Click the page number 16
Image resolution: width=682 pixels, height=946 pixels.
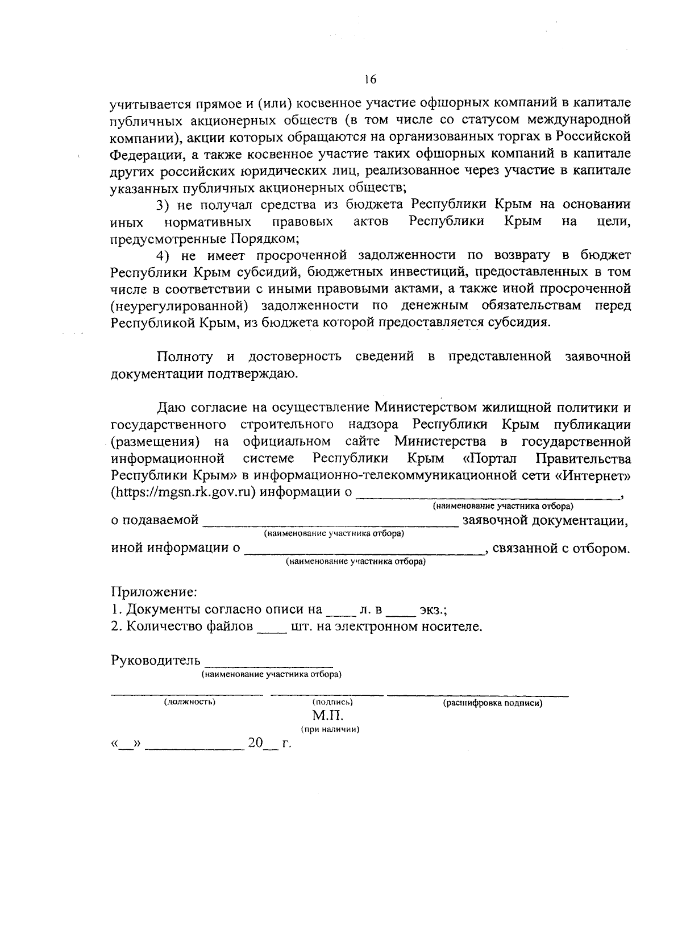pos(371,80)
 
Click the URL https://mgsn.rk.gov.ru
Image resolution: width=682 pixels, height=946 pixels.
pos(183,492)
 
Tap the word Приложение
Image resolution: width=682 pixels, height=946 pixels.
pos(154,592)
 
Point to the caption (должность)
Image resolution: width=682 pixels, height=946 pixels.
pos(189,702)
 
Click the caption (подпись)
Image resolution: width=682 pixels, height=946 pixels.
pos(332,702)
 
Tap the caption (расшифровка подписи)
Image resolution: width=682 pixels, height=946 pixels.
pos(492,703)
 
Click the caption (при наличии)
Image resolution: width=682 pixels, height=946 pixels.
pos(330,729)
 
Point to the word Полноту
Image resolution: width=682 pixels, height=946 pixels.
pos(185,357)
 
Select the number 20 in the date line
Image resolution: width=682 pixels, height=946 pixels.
pos(255,743)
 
